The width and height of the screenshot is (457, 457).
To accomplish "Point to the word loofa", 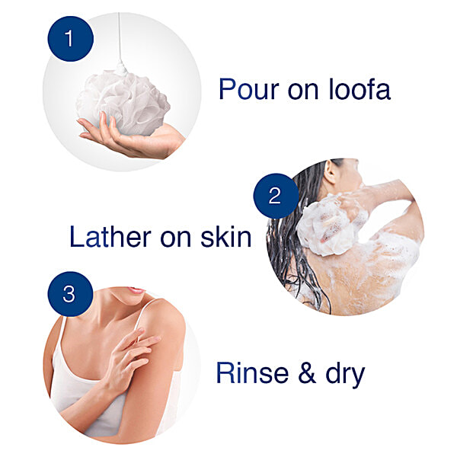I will (360, 90).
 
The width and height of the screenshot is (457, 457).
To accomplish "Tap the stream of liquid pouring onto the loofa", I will (120, 38).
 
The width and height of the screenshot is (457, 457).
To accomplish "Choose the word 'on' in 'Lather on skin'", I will (172, 238).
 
